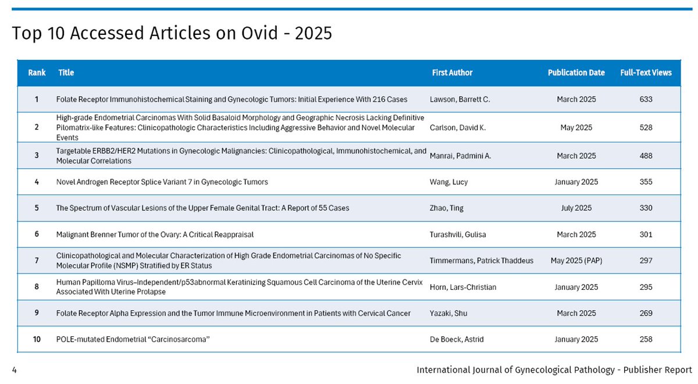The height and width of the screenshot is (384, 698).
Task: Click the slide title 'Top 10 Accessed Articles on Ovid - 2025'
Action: tap(172, 34)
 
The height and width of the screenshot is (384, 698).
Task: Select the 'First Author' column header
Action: tap(452, 73)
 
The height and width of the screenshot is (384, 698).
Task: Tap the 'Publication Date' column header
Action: tap(576, 73)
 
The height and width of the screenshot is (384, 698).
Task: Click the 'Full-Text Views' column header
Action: tap(646, 73)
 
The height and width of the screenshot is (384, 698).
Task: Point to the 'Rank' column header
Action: tap(37, 73)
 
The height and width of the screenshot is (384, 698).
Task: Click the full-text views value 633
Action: tap(646, 99)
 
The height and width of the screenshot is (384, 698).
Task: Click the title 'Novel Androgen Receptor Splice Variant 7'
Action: tap(162, 182)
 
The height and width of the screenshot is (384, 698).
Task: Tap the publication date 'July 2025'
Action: tap(576, 208)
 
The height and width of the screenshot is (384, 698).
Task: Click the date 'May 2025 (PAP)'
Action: tap(576, 261)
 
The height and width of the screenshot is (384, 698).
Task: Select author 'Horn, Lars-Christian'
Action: tap(462, 287)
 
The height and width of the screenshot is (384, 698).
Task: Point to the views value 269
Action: tap(646, 313)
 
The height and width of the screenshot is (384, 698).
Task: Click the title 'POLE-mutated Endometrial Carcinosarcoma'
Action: tap(133, 339)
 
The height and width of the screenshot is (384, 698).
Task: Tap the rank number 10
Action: tap(37, 339)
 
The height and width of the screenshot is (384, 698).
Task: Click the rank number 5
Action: tap(37, 208)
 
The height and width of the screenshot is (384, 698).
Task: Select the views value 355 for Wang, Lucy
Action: tap(646, 182)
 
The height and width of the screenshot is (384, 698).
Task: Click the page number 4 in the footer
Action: tap(14, 370)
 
